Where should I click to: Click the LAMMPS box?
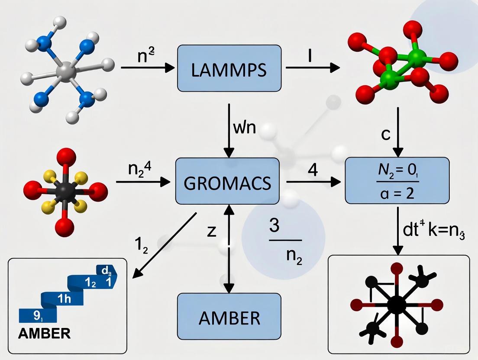tap(229, 70)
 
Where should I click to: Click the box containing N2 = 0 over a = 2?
tap(397, 180)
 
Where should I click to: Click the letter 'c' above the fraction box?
tap(385, 134)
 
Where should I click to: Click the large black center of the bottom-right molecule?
tap(397, 305)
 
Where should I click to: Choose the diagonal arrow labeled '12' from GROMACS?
tap(165, 244)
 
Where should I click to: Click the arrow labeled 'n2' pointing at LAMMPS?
tap(147, 68)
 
